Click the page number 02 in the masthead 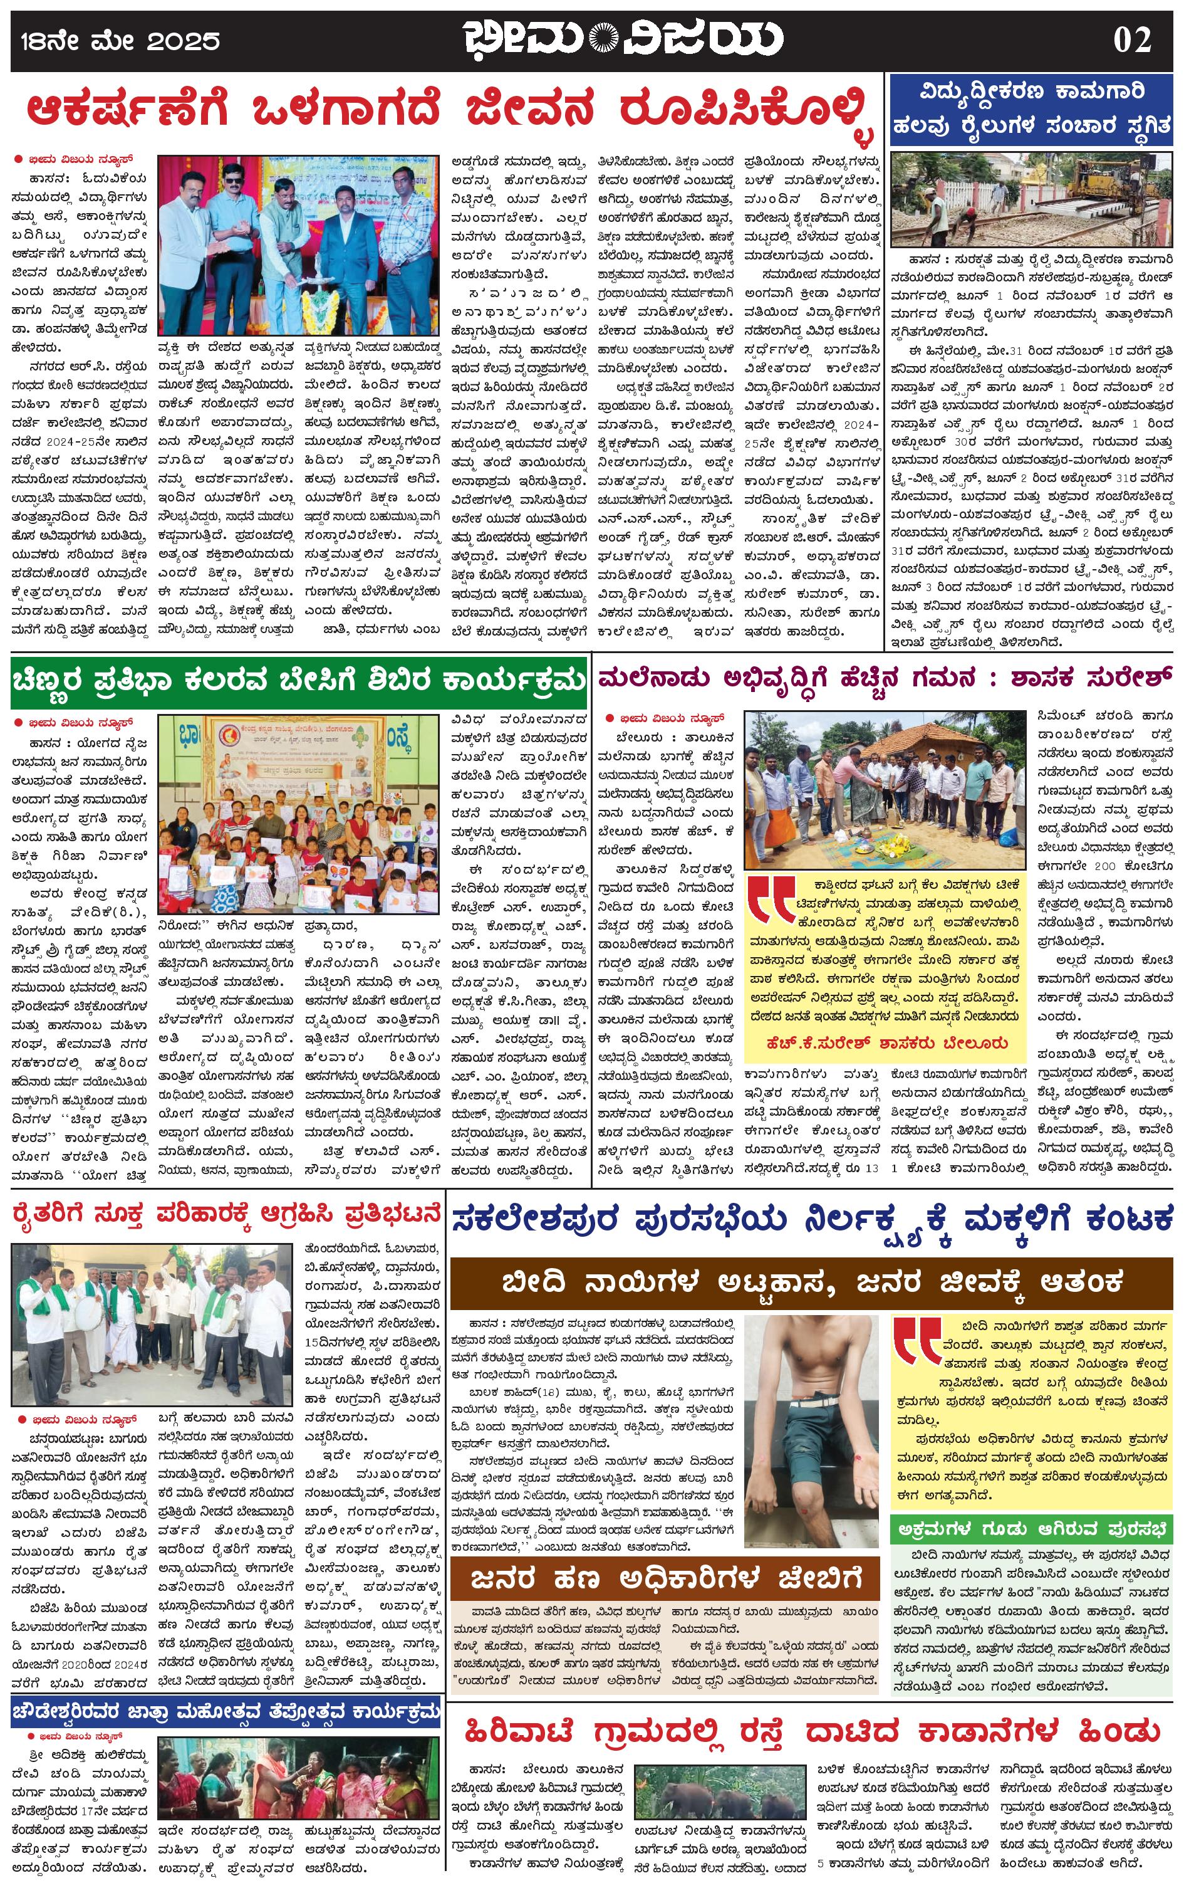(1131, 39)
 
